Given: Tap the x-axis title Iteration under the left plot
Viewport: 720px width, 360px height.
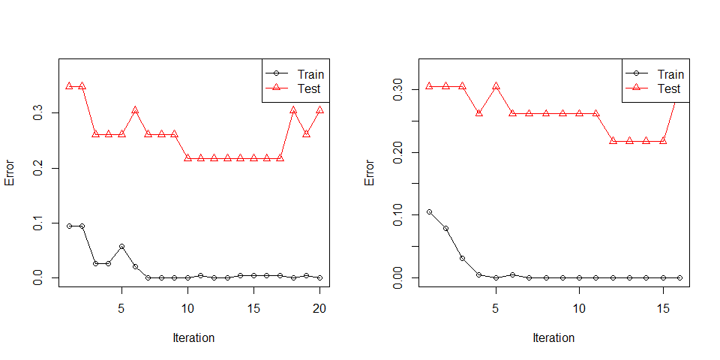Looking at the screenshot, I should (193, 337).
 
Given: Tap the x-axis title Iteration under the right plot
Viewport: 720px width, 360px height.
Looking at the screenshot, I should (553, 337).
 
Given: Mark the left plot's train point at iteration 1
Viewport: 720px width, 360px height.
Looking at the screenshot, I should (69, 226).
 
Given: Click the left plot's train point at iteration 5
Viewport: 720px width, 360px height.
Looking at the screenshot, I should (121, 246).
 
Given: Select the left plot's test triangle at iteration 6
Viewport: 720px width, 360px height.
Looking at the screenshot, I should (135, 110).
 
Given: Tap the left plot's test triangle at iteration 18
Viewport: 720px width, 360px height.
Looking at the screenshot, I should (293, 110).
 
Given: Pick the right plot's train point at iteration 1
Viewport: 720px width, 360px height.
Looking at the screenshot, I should (429, 212).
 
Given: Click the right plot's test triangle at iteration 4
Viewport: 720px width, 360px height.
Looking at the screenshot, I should (479, 112).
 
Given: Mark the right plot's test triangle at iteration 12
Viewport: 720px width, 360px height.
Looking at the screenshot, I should (613, 140).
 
